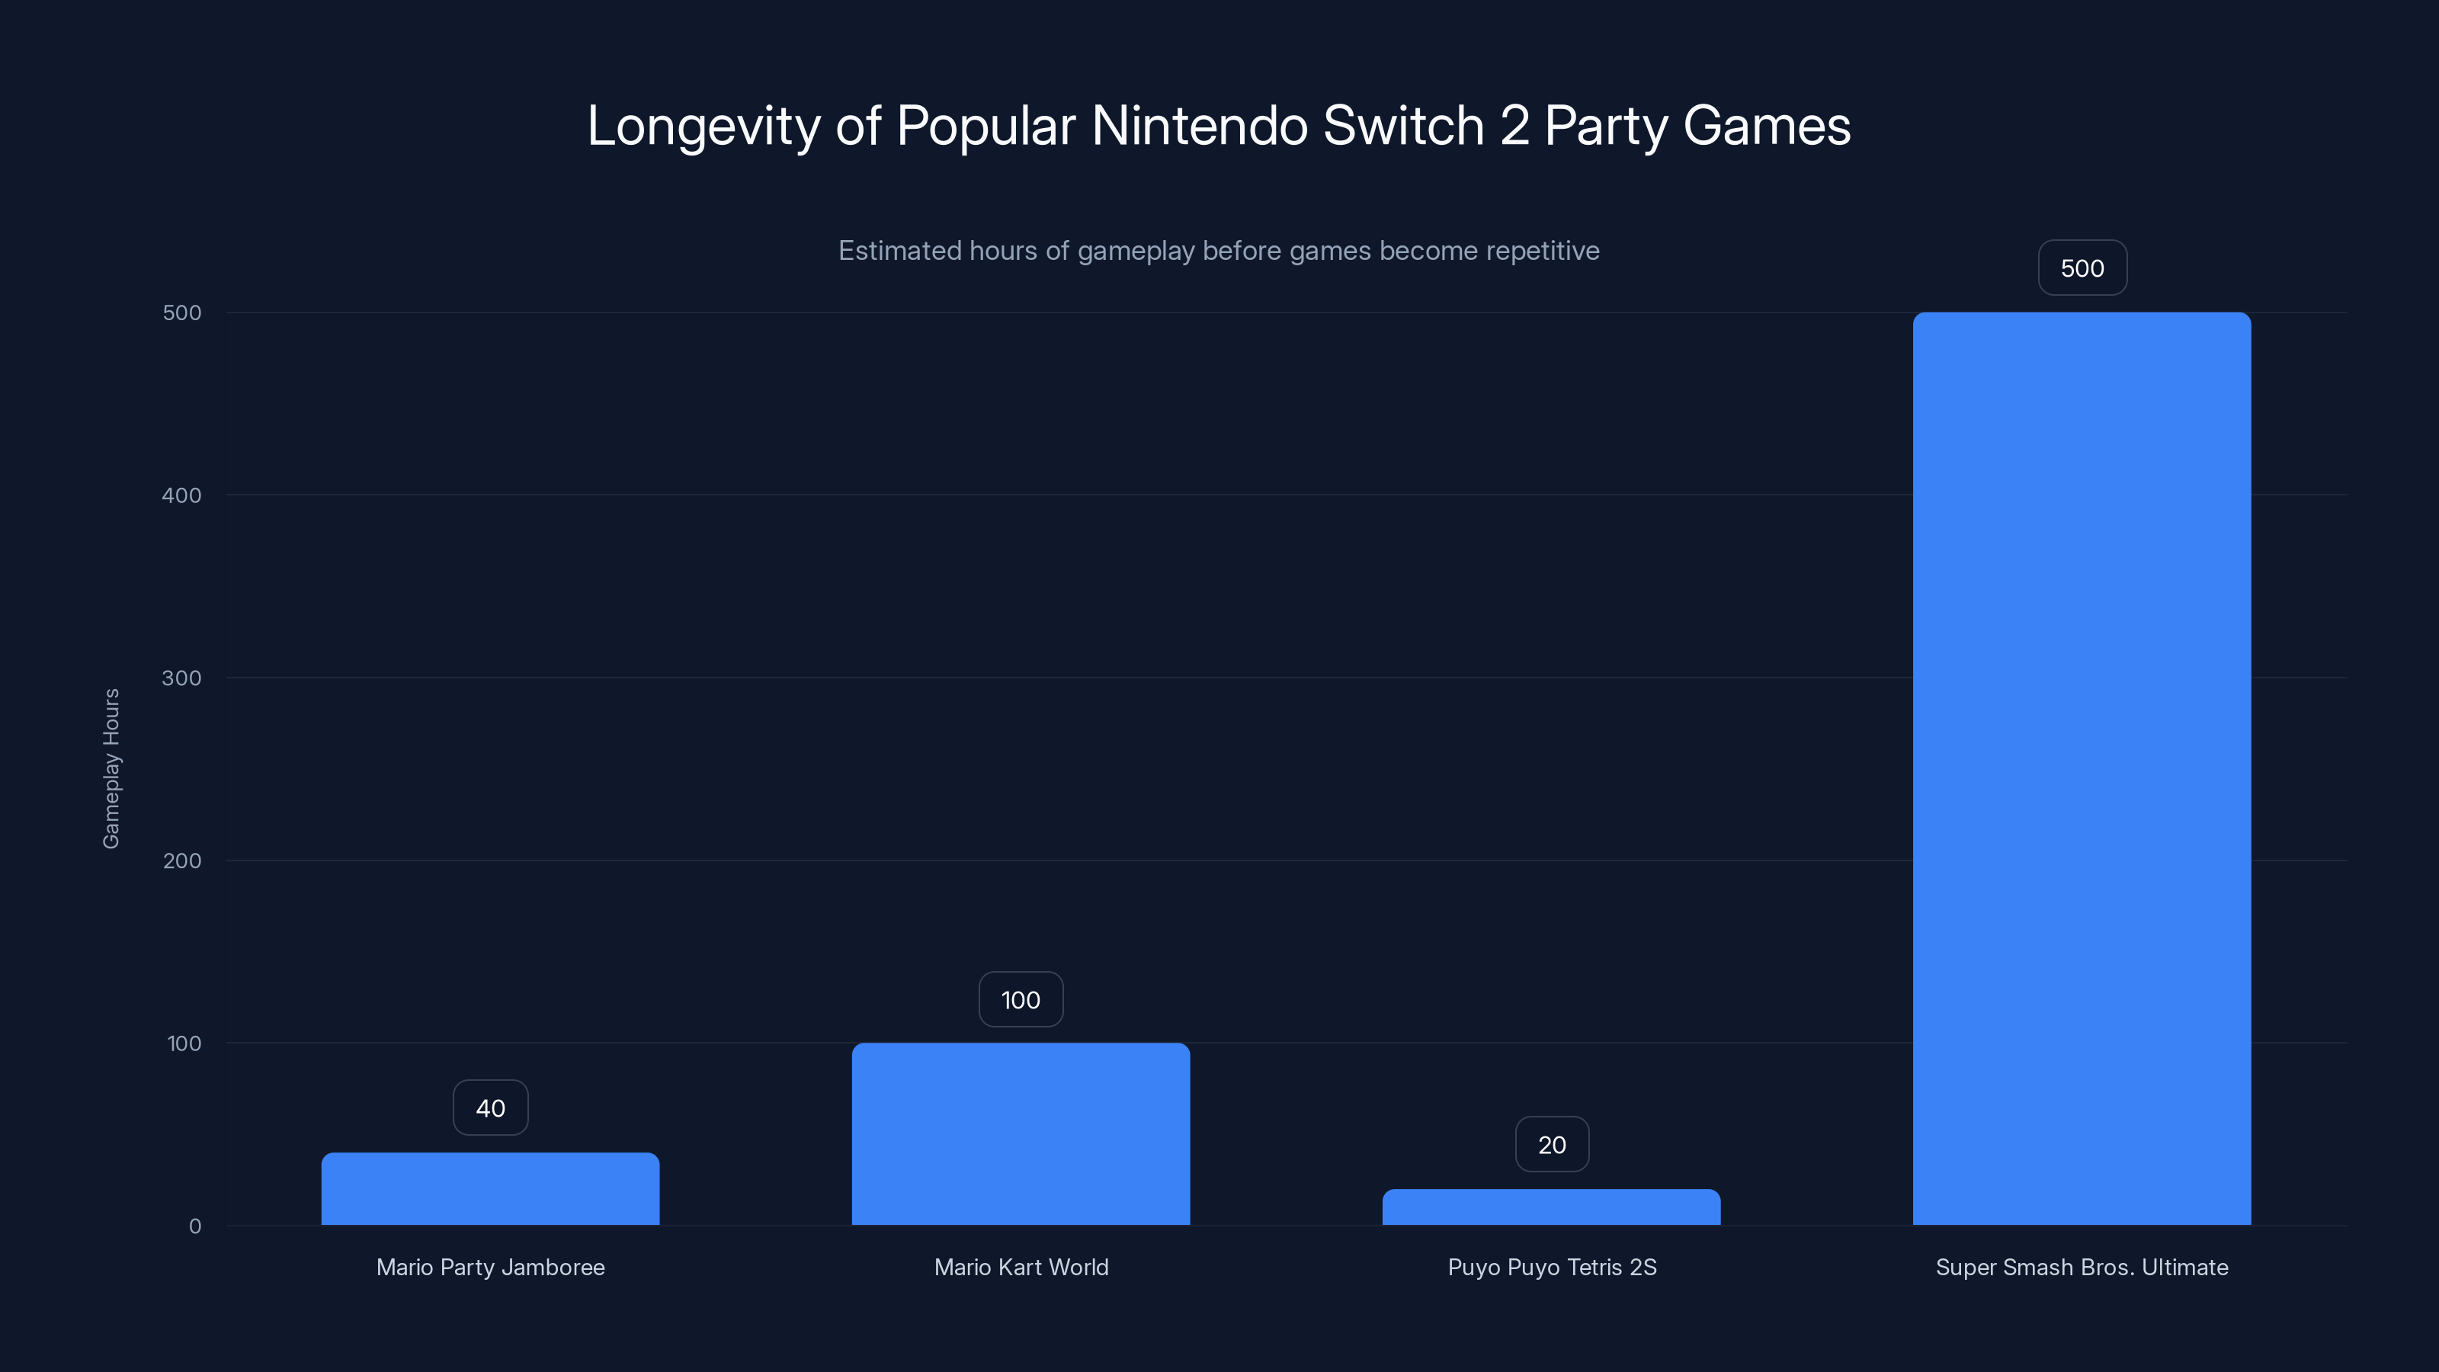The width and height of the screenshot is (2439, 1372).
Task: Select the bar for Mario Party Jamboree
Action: tap(489, 1188)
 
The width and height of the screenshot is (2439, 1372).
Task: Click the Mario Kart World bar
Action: tap(1021, 1133)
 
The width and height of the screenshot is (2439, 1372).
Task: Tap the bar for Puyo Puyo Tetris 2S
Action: tap(1551, 1207)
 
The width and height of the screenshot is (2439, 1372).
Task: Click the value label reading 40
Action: tap(490, 1108)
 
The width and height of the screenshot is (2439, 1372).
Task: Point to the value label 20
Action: tap(1552, 1145)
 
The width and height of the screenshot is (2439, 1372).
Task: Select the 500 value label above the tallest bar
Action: tap(2082, 268)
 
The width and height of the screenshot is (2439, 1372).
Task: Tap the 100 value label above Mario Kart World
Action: tap(1021, 1000)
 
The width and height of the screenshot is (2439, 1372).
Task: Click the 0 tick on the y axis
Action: tap(195, 1226)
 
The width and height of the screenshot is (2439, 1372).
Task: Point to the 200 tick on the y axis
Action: tap(182, 861)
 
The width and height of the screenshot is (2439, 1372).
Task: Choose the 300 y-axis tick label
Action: tap(182, 678)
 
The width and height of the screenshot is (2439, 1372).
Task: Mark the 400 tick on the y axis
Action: tap(182, 495)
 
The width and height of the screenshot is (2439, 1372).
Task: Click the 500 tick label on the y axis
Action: tap(182, 313)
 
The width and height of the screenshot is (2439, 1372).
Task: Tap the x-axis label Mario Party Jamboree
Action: tap(490, 1267)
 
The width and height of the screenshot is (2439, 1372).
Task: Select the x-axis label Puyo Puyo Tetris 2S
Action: tap(1552, 1267)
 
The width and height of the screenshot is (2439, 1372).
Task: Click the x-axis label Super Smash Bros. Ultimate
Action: tap(2081, 1267)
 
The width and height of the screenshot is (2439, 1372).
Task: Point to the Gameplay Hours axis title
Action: tap(111, 768)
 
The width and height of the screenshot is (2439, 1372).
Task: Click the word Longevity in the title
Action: tap(703, 127)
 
